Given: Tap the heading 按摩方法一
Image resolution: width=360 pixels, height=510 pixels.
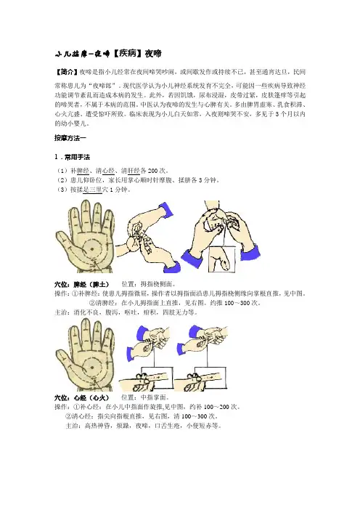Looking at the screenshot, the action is point(70,138).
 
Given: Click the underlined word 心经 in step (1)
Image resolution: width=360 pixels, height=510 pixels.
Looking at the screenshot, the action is point(109,171).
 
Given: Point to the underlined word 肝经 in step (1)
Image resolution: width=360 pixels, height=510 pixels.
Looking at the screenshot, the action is point(134,171).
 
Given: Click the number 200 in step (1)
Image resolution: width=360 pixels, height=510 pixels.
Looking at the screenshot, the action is point(153,171).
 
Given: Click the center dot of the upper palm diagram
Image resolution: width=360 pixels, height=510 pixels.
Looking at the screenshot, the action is point(92,249).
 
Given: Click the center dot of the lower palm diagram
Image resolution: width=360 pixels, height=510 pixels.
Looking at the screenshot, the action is point(92,368).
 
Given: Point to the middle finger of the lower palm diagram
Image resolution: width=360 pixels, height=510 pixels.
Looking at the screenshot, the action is point(86,333).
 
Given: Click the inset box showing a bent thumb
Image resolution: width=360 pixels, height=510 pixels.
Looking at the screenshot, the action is point(222,259).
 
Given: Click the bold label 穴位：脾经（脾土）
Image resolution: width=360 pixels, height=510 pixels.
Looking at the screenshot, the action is point(82,284).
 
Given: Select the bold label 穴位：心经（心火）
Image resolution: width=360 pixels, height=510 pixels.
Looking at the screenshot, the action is point(82,398).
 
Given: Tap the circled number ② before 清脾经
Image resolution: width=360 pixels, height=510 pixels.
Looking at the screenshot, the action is point(92,303).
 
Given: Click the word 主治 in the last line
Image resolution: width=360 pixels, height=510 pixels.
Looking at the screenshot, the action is point(72,426).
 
